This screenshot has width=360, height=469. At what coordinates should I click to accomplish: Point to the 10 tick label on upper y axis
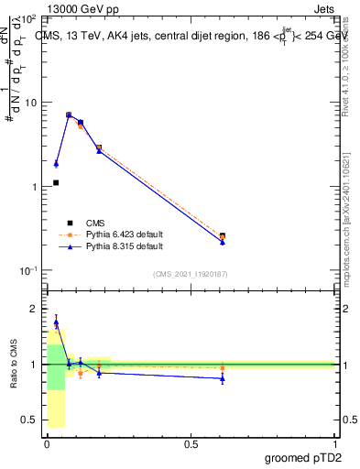tap(29, 103)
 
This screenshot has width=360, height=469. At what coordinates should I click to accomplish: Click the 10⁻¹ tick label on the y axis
tap(27, 270)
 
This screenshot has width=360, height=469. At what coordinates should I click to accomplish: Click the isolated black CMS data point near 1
tap(56, 182)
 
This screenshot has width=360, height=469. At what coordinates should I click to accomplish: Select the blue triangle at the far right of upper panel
tap(223, 242)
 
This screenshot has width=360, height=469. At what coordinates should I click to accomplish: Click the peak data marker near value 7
tap(69, 115)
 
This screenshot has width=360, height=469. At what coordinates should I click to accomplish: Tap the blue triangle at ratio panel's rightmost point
tap(223, 378)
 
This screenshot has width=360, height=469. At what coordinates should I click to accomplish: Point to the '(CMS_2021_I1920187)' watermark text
tap(190, 273)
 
